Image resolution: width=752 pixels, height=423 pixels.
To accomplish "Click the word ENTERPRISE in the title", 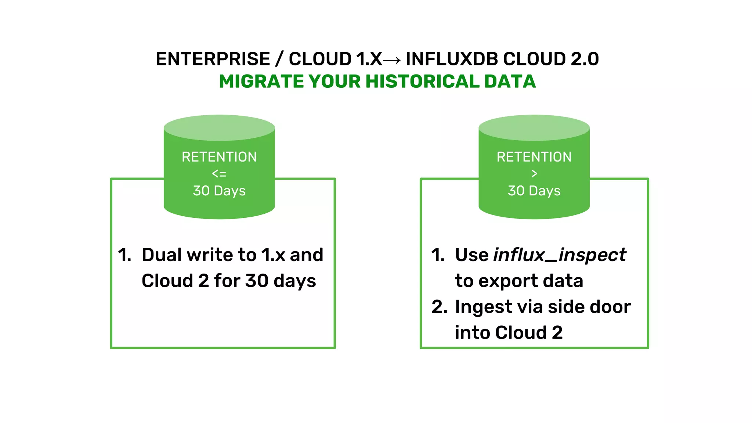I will tap(213, 59).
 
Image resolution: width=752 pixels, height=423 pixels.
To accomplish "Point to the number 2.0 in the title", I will tap(585, 59).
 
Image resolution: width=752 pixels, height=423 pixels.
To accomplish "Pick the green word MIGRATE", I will tap(261, 82).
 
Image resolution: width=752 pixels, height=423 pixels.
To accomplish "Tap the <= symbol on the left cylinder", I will tap(219, 174).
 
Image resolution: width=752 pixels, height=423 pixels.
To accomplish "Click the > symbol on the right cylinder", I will tap(534, 174).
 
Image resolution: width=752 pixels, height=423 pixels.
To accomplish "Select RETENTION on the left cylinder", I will tap(219, 157).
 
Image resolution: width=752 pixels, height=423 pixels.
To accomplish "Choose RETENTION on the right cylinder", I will tap(534, 157).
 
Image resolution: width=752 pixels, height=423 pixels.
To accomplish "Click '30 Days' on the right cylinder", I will tap(534, 191).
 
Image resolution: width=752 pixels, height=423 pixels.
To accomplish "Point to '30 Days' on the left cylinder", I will tap(219, 191).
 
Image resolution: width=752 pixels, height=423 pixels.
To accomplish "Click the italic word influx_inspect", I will tap(560, 255).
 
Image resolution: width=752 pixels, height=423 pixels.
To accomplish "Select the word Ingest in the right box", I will tap(483, 307).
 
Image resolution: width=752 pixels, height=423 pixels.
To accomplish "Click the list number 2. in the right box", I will tap(439, 307).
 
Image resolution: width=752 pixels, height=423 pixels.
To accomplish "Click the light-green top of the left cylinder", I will tap(219, 127).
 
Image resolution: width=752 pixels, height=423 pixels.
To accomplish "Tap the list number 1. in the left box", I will tap(125, 255).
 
